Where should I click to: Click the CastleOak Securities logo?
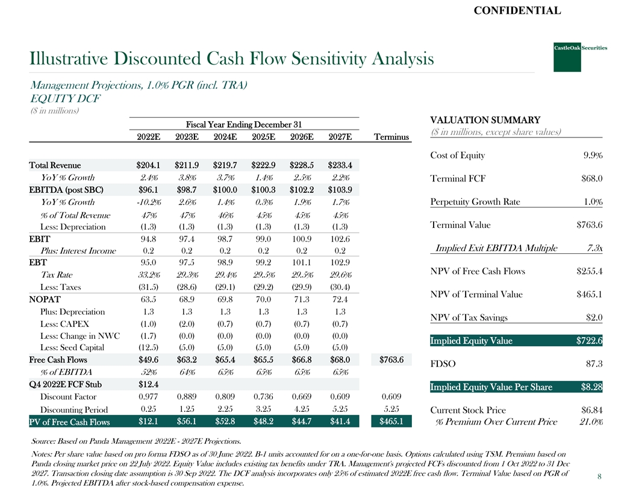click(x=567, y=55)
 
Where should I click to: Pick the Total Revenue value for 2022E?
click(x=148, y=165)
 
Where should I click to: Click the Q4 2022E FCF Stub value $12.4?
click(x=148, y=384)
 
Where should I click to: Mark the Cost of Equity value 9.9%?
click(x=593, y=156)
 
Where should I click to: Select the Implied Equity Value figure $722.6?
click(x=590, y=341)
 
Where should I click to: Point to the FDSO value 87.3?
click(x=594, y=364)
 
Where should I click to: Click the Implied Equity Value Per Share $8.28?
click(x=590, y=387)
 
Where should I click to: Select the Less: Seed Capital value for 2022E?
click(x=148, y=347)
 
